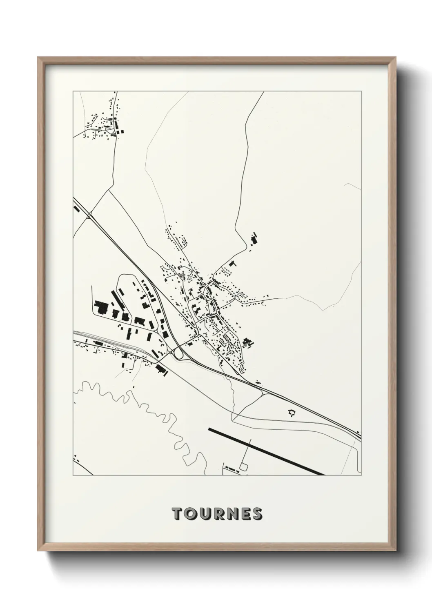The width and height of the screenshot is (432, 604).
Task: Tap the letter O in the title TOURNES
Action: [x=190, y=514]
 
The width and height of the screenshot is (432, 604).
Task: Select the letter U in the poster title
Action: [x=204, y=514]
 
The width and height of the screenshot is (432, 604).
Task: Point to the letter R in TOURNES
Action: [x=217, y=514]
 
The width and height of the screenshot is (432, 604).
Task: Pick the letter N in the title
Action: [x=231, y=514]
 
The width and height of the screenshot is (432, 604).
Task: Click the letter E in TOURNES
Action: [x=244, y=514]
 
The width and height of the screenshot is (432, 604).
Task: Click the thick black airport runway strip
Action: [x=265, y=451]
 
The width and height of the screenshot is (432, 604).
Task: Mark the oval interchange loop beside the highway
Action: [x=178, y=354]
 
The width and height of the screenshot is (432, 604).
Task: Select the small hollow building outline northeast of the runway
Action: [x=292, y=413]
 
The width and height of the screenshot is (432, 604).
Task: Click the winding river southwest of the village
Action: [x=163, y=412]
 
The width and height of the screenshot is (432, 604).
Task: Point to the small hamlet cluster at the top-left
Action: [x=104, y=122]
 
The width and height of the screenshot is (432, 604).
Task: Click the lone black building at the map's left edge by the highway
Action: [x=76, y=208]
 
